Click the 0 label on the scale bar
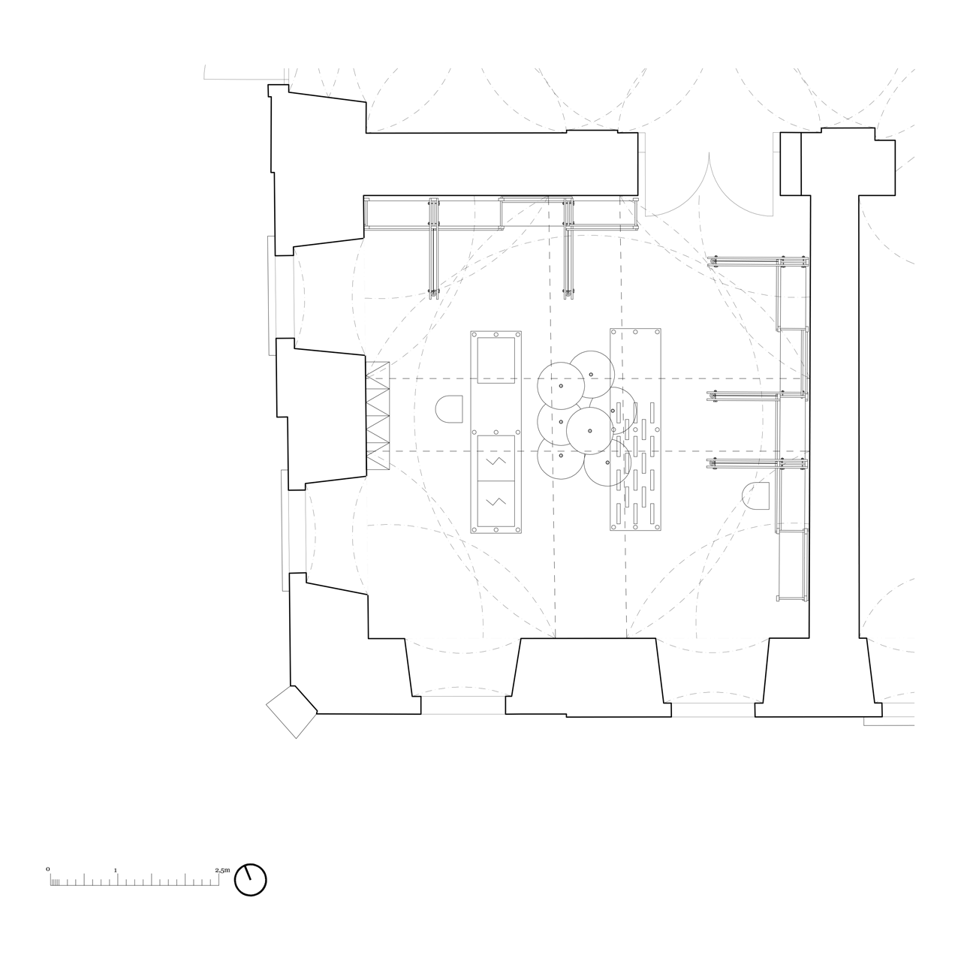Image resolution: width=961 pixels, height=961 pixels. point(48,869)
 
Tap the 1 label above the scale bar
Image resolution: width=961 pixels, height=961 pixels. point(116,870)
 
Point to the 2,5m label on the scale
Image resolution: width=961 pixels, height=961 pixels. point(222,870)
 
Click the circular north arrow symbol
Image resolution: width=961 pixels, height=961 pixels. point(250,880)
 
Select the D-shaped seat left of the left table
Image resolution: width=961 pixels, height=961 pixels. point(449,409)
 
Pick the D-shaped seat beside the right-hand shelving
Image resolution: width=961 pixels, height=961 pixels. point(755,496)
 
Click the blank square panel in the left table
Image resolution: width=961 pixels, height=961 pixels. point(496,360)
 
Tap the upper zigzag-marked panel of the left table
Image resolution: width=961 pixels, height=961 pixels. point(496,458)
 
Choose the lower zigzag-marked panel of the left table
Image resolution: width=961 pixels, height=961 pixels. point(496,504)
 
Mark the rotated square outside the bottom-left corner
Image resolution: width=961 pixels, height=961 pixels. point(292,712)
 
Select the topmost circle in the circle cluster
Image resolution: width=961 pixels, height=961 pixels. point(592,373)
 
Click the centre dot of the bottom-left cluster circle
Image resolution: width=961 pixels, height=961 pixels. point(561,456)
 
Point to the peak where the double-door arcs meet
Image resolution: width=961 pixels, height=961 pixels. point(709,153)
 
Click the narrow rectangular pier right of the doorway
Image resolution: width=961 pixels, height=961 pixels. point(791,164)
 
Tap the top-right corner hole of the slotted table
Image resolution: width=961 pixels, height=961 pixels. point(654,332)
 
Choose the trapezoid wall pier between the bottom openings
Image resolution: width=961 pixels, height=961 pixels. point(589,677)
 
